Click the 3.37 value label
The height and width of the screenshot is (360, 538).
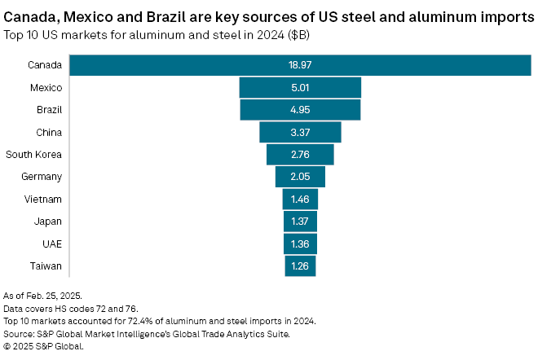click(x=300, y=132)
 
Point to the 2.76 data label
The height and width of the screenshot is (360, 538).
click(x=300, y=154)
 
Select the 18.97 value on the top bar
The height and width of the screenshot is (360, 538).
click(x=300, y=65)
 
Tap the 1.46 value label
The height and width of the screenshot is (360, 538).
click(x=300, y=199)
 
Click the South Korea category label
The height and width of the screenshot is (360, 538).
click(x=33, y=154)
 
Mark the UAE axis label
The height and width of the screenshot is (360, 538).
click(x=51, y=244)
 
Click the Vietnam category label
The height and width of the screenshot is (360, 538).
click(x=44, y=199)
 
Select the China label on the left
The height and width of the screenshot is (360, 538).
click(x=48, y=132)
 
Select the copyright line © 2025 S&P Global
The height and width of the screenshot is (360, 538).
click(x=42, y=345)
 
